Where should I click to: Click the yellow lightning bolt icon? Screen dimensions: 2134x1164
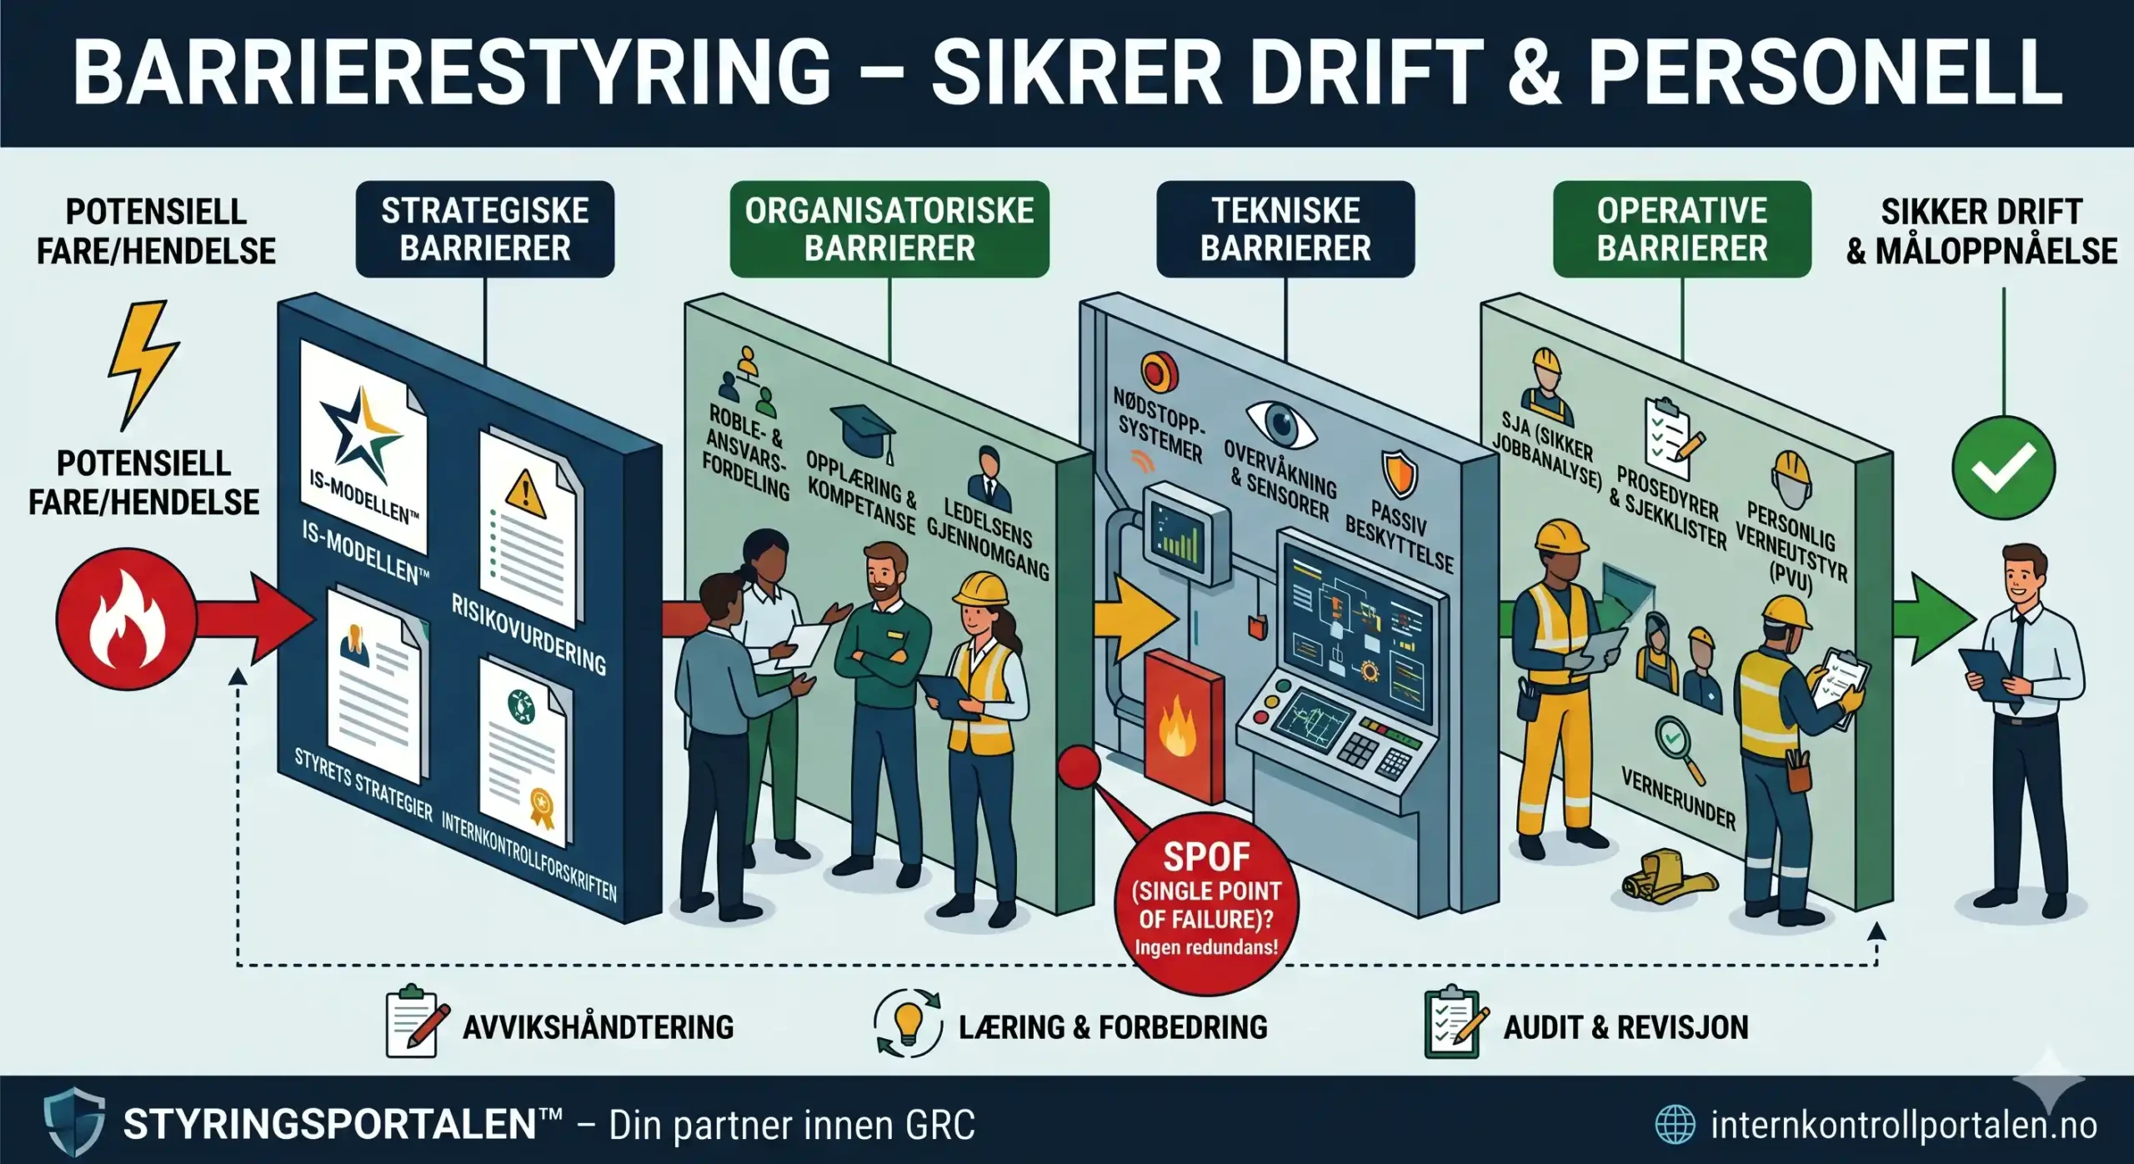[143, 365]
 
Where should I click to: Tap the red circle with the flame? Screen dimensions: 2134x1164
[126, 618]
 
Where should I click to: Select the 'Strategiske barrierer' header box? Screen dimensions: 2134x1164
[485, 229]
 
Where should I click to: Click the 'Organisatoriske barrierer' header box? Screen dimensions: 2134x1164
[889, 229]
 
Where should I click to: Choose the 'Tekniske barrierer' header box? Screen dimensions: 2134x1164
[1285, 229]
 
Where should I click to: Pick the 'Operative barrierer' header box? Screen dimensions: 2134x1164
[1682, 229]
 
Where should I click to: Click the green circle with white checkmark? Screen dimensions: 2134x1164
[2004, 468]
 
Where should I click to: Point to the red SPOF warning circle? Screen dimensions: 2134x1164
[1206, 904]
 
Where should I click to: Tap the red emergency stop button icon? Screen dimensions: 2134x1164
[1160, 372]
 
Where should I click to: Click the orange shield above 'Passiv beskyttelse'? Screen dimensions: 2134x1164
[1400, 473]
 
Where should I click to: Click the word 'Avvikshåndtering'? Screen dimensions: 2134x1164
[598, 1026]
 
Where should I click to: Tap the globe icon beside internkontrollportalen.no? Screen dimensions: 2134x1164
[1675, 1124]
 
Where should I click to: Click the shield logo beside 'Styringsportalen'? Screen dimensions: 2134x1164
[74, 1121]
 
